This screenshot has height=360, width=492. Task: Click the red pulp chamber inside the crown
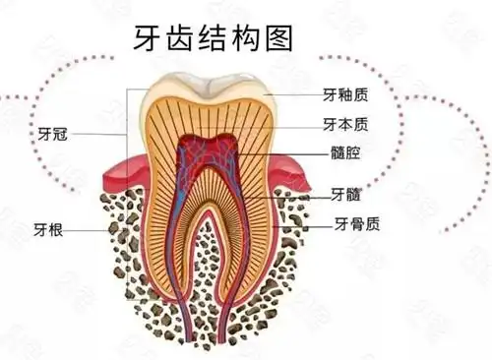(207, 157)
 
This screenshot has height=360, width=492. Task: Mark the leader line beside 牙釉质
(291, 95)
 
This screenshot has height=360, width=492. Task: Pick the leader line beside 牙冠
(98, 132)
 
